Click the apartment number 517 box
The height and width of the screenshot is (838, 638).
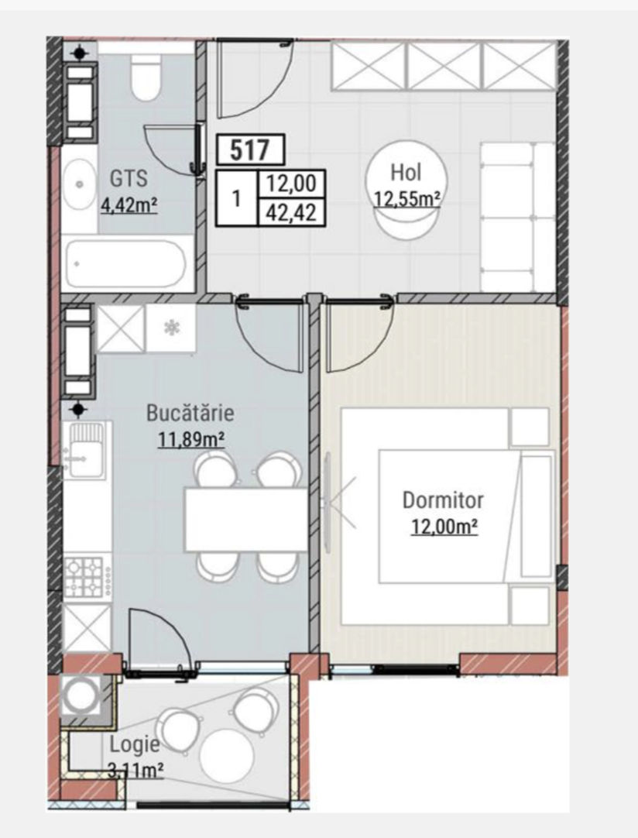(x=251, y=149)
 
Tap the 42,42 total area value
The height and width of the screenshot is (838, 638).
(x=291, y=213)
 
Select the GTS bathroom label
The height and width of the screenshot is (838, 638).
(x=129, y=178)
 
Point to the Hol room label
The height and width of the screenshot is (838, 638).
(x=406, y=172)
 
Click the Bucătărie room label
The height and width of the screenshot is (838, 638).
(x=190, y=413)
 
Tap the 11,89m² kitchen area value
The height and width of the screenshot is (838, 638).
(x=190, y=439)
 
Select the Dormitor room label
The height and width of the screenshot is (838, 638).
(x=443, y=500)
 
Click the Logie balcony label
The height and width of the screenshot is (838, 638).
(x=135, y=744)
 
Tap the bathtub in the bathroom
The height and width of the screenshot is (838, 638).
(x=126, y=264)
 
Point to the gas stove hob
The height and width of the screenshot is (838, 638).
(x=84, y=577)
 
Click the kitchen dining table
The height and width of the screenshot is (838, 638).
(x=246, y=519)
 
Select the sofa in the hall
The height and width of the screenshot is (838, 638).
(x=518, y=216)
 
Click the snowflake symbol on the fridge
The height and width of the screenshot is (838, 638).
(x=172, y=328)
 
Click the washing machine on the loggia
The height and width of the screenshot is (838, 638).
(x=81, y=695)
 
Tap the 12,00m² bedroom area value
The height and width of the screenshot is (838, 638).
(x=444, y=527)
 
